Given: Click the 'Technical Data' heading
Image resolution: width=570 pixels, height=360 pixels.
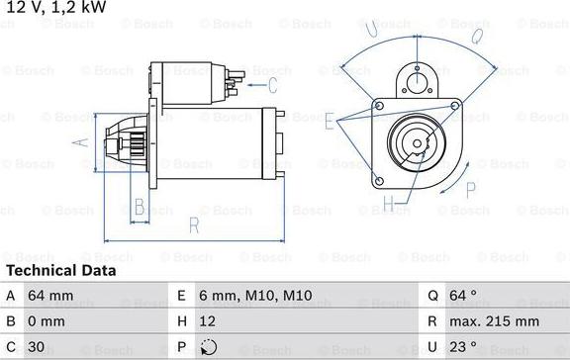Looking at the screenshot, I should pyautogui.click(x=60, y=270).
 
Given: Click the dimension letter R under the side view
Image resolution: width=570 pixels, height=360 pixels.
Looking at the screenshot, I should pyautogui.click(x=193, y=225).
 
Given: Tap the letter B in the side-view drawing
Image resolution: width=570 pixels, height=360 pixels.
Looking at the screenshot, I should pyautogui.click(x=140, y=207).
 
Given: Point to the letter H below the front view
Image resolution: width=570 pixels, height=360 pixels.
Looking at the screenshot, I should pyautogui.click(x=389, y=205).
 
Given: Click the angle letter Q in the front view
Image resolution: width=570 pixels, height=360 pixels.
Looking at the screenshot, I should pyautogui.click(x=476, y=38).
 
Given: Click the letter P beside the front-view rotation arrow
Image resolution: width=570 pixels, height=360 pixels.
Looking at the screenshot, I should pyautogui.click(x=496, y=163).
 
